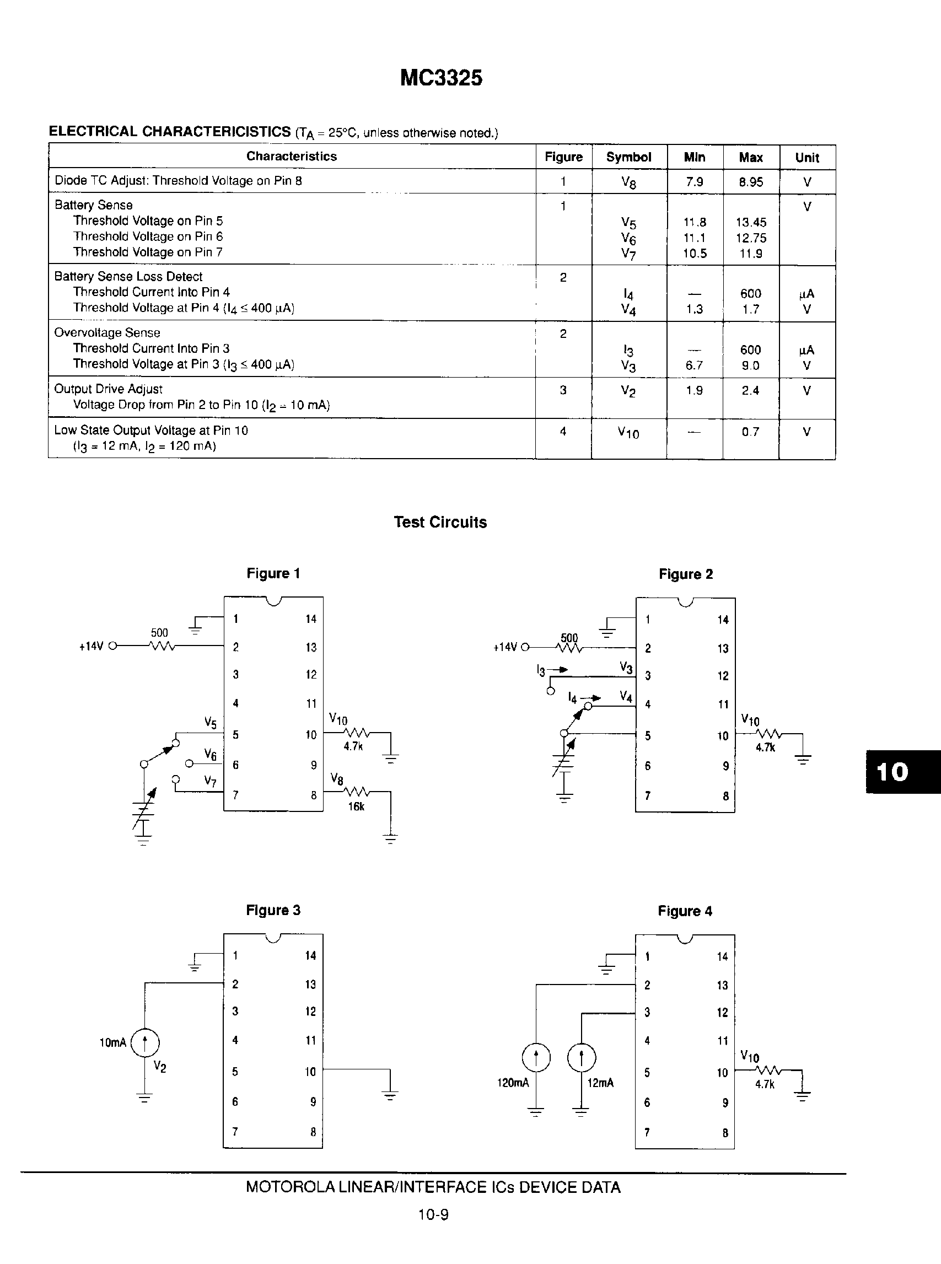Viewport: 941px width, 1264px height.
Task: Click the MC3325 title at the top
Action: (441, 78)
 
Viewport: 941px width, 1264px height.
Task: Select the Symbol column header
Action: (628, 157)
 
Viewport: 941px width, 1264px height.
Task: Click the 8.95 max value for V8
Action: (751, 182)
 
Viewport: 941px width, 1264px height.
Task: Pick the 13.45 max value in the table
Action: (751, 222)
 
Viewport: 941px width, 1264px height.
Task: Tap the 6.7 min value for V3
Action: (694, 365)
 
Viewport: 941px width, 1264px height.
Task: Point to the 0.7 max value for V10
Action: (750, 432)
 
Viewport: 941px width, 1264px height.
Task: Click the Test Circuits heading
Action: (440, 523)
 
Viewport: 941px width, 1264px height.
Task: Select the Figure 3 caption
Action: (273, 910)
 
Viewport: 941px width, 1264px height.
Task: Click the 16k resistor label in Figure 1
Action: (356, 806)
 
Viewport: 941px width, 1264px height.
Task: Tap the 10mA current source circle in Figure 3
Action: (144, 1043)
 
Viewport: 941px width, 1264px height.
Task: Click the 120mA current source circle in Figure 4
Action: (536, 1058)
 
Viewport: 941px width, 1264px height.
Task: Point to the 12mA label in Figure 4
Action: (600, 1083)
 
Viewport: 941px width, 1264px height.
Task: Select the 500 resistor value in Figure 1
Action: (159, 632)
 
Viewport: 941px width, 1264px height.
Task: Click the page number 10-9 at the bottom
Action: (433, 1215)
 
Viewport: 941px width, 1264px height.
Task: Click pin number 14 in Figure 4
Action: (722, 956)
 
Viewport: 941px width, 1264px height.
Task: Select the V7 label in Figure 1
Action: (210, 781)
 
